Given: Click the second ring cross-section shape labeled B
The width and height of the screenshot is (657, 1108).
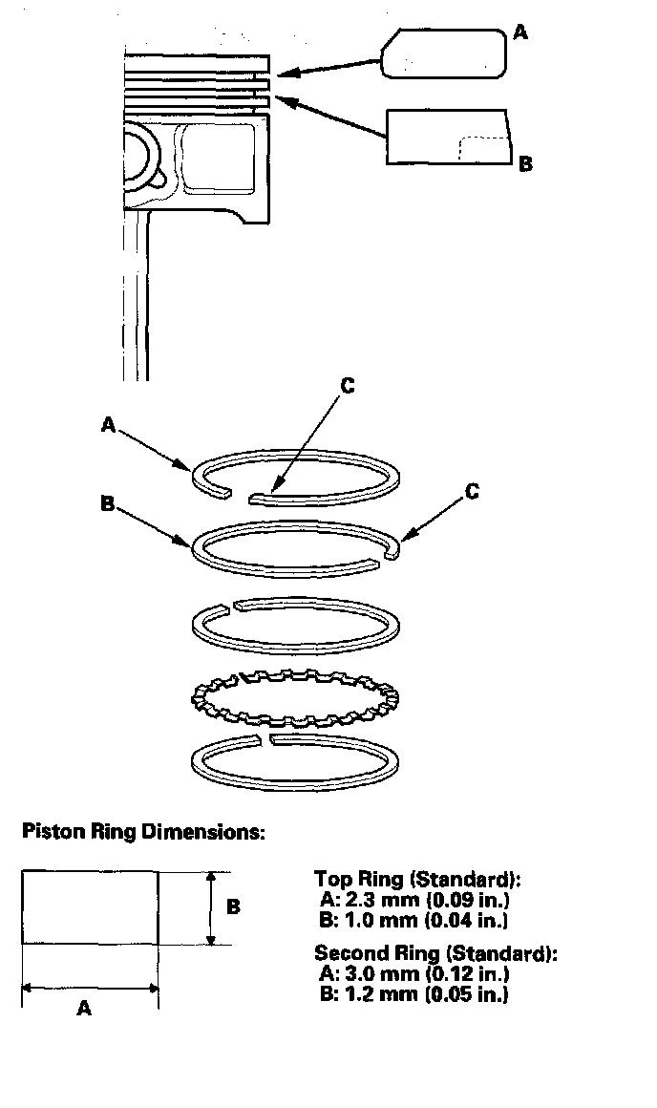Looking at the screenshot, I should [447, 137].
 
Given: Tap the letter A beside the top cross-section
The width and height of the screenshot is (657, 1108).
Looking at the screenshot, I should [519, 32].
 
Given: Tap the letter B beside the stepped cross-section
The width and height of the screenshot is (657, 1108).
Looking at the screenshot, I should [524, 163].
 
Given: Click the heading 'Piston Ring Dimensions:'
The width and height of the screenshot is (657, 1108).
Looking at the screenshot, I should [142, 832].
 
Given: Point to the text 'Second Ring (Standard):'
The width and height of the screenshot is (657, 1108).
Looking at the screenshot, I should [435, 952].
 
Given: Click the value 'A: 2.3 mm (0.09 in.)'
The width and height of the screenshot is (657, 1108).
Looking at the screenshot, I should [412, 900].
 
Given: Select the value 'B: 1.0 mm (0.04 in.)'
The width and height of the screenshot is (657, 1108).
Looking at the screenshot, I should [412, 921].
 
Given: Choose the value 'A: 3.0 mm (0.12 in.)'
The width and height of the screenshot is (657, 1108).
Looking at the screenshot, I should [412, 973].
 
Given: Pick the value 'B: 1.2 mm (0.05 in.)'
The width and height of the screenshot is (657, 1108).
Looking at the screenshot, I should [412, 994].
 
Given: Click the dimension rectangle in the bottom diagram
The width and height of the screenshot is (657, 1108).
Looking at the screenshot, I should [90, 907].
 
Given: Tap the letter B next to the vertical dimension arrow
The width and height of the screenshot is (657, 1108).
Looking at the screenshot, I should [233, 907].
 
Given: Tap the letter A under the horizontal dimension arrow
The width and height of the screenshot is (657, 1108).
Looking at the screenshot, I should [84, 1008].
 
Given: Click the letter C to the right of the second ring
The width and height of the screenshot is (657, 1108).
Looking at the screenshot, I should [472, 492].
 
